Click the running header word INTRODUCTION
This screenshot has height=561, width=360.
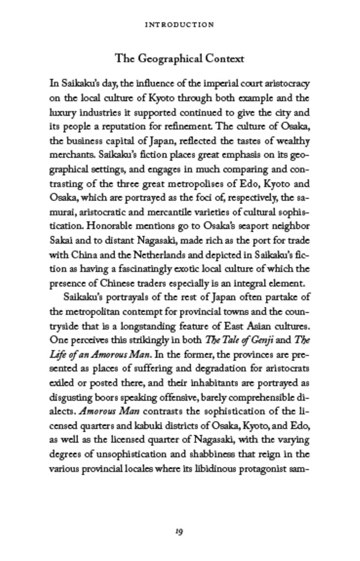pos(179,25)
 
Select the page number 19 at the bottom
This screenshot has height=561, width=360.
pos(179,531)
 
